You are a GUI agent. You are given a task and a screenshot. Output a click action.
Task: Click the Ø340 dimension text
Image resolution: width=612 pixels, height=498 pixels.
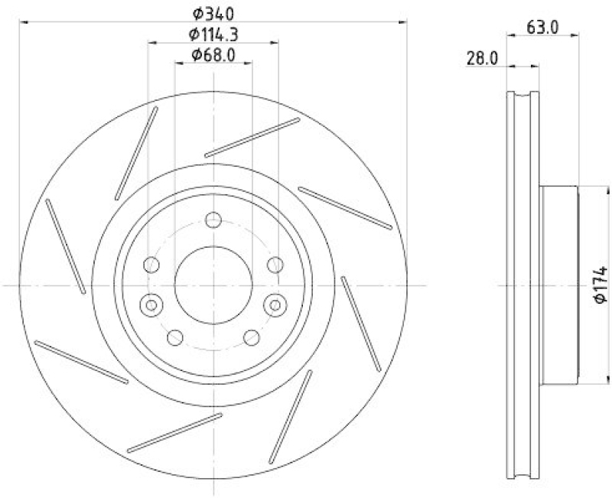(x=213, y=13)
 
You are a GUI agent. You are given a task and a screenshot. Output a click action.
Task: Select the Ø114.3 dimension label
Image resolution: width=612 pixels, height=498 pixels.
(x=213, y=34)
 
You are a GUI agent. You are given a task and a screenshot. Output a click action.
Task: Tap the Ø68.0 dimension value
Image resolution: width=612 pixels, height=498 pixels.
(x=213, y=54)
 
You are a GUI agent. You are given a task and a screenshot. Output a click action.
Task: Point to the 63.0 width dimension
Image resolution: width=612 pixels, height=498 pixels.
(x=543, y=28)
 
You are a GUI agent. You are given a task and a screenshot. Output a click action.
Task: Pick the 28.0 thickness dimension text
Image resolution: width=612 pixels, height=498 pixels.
(x=483, y=58)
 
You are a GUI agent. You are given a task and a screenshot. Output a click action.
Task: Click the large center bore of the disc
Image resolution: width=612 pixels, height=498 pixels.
(x=213, y=284)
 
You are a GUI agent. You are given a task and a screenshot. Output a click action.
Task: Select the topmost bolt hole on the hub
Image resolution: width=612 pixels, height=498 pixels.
(x=213, y=222)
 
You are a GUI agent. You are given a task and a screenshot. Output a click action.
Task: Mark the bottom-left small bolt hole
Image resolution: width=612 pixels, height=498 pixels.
(x=174, y=337)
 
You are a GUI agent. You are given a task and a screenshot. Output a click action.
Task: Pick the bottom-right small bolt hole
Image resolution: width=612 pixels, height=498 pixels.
(x=250, y=337)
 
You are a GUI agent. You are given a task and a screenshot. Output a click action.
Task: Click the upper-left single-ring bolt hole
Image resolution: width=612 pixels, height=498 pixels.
(x=151, y=265)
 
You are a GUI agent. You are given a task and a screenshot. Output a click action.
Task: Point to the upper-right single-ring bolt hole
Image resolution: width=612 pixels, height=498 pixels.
(x=273, y=265)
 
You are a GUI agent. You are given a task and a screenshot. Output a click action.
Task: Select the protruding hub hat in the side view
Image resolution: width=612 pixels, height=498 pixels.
(x=558, y=285)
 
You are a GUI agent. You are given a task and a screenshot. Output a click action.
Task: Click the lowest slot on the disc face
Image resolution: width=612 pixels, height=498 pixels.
(x=175, y=431)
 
